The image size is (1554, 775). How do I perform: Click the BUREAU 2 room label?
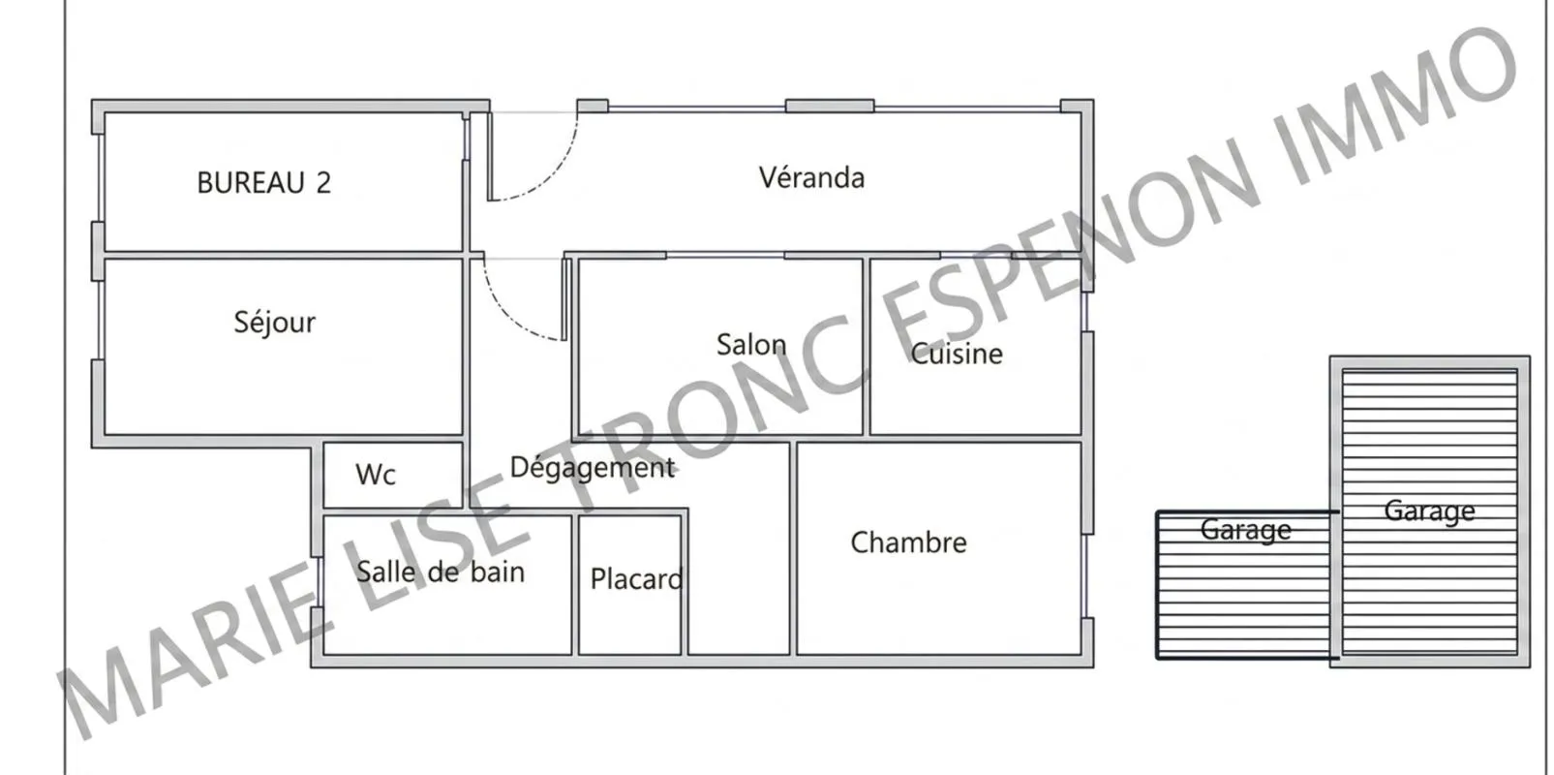pos(263,182)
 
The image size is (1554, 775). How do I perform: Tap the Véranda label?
pos(811,177)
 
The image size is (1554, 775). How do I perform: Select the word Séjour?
pos(275,323)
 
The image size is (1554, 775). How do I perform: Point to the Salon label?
pos(751,345)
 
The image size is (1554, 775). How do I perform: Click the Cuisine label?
pos(957,354)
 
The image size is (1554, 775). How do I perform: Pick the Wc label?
pos(376,475)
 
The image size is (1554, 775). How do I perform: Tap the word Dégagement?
pos(593,468)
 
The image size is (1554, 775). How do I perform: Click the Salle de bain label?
pos(441,572)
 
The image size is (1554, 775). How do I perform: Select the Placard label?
pos(636,578)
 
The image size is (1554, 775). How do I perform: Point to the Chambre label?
pos(909,542)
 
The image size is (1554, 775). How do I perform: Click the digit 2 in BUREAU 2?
pos(323,183)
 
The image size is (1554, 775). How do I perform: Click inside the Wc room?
pos(393,476)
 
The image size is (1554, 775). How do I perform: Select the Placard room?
pos(629,584)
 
